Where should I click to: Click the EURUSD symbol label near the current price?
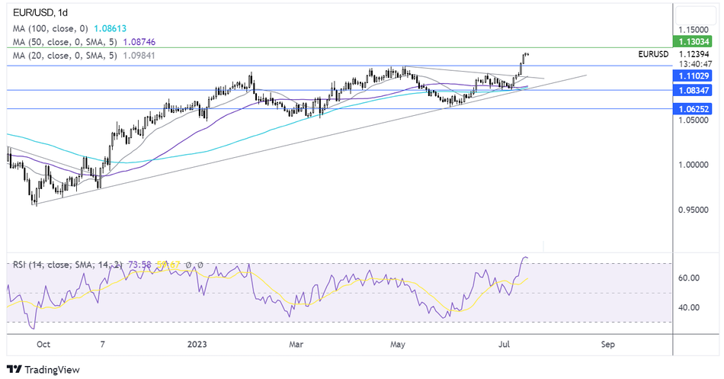click(653, 54)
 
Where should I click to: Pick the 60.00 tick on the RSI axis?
click(690, 278)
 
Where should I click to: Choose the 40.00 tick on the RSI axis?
click(690, 308)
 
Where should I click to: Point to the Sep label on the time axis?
click(607, 345)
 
